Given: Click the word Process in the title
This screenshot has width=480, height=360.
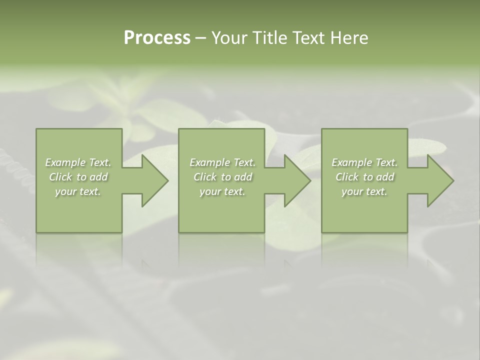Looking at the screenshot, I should click(x=157, y=38).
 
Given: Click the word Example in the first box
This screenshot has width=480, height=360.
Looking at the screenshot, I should click(x=65, y=162).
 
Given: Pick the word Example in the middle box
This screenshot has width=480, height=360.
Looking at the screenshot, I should click(x=209, y=162).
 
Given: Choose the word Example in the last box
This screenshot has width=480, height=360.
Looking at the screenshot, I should click(x=351, y=162).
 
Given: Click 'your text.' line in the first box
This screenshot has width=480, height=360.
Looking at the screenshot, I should click(x=78, y=191).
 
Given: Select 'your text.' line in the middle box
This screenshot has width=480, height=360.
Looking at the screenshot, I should click(x=222, y=191).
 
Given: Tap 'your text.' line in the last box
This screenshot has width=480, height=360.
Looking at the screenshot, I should click(x=364, y=191).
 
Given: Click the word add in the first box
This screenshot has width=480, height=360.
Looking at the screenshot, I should click(x=99, y=177).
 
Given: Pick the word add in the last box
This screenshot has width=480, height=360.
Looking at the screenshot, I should click(x=385, y=177).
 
